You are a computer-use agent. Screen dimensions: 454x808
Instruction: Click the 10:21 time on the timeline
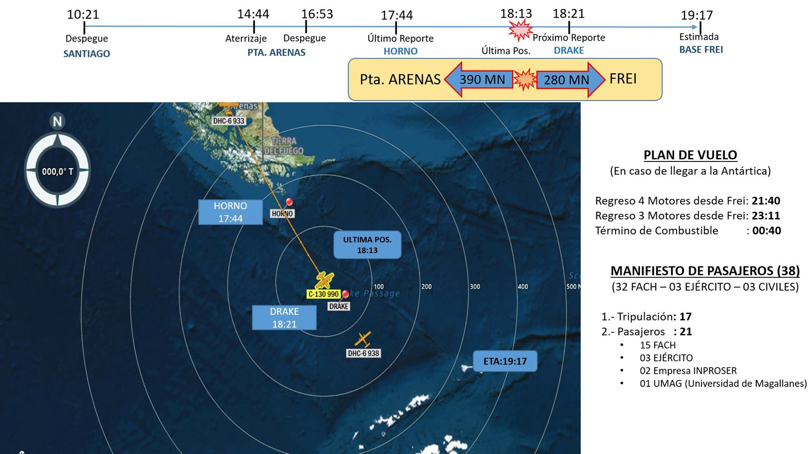coord(83,14)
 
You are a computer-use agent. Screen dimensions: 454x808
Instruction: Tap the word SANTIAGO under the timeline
coord(87,54)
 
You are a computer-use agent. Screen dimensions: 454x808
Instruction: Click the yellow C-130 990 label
coord(323,294)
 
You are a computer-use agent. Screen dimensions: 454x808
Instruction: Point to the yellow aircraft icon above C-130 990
coord(324,280)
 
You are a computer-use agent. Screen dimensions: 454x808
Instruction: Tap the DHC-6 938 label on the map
coord(364,354)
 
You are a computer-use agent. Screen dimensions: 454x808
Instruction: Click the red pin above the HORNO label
coord(289,202)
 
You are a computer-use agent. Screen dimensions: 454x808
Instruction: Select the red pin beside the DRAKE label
coord(346,294)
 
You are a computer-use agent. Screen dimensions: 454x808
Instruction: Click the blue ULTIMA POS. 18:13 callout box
coord(367,245)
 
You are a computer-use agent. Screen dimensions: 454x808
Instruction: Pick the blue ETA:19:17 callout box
coord(505,361)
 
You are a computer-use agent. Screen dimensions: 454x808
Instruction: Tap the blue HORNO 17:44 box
coord(230,212)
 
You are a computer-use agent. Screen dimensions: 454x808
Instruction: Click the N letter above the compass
coord(57,121)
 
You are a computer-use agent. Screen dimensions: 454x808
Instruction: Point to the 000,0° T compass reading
coord(57,172)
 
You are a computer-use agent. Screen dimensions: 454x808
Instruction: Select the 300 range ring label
coord(475,287)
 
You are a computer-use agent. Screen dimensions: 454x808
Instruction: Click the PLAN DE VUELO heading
coord(690,155)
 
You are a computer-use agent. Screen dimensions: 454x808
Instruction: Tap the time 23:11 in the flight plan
coord(766,216)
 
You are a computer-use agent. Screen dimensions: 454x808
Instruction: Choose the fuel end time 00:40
coord(766,230)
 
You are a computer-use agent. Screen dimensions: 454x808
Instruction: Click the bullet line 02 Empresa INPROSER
coord(688,371)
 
